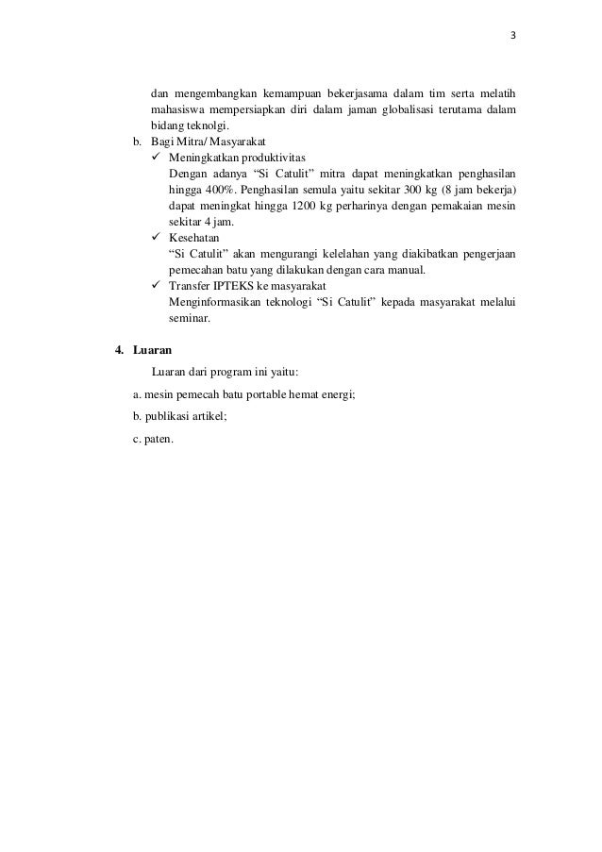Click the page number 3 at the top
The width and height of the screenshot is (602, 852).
pos(513,37)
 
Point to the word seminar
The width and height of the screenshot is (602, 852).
pos(188,318)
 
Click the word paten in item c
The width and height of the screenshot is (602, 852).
pos(159,438)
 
